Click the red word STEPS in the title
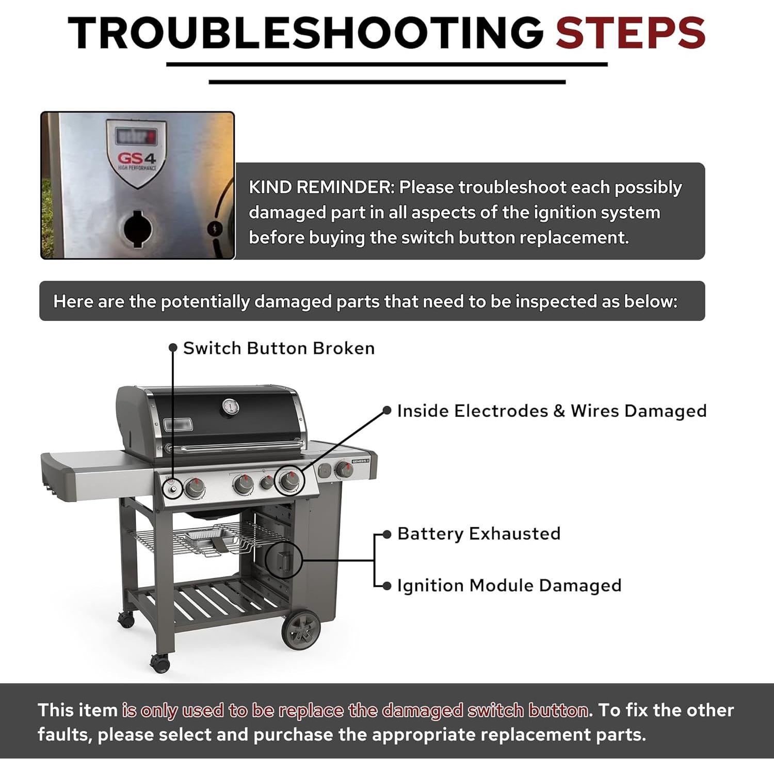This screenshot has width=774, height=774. tap(630, 33)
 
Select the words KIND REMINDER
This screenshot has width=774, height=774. tap(320, 187)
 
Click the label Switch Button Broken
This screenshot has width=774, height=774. tap(279, 348)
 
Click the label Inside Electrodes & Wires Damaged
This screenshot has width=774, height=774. tap(551, 411)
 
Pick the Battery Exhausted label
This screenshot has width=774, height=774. tap(478, 534)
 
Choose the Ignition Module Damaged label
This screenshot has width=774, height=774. tap(509, 586)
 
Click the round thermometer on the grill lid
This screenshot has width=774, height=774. tap(230, 407)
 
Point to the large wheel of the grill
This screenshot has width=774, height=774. tap(301, 630)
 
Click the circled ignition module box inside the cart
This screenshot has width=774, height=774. tap(283, 560)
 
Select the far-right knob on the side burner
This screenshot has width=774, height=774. tap(343, 470)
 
